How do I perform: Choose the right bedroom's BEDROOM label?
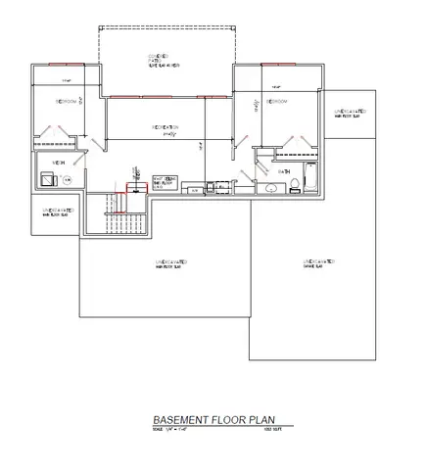click(x=275, y=102)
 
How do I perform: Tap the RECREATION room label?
click(x=164, y=127)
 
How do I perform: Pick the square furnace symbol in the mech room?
click(x=46, y=179)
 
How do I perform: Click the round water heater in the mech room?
click(x=67, y=180)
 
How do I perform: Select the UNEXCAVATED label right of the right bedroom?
click(x=348, y=115)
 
